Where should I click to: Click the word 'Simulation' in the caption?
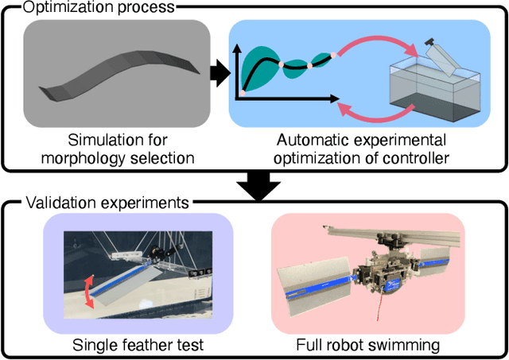(x=104, y=141)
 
